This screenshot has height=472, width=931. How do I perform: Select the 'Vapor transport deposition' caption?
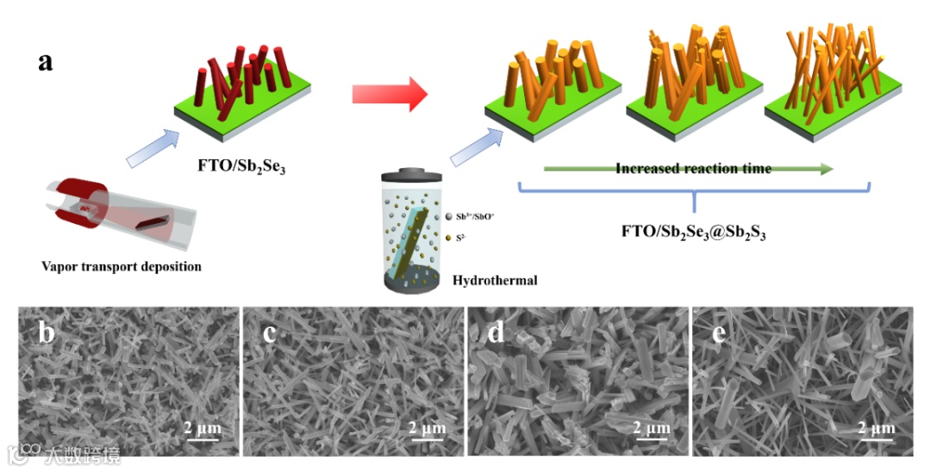coord(122,266)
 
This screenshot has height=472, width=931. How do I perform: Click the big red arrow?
coord(390,93)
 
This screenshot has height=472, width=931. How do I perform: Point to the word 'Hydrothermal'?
coord(495,280)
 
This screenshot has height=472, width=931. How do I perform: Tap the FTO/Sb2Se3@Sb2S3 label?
coord(694,231)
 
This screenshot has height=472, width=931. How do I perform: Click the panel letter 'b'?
coord(48,333)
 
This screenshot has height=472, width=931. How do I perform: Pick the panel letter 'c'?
coord(270,332)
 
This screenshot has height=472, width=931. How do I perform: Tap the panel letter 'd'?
coord(495,333)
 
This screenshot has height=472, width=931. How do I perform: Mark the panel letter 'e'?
coord(718,332)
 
